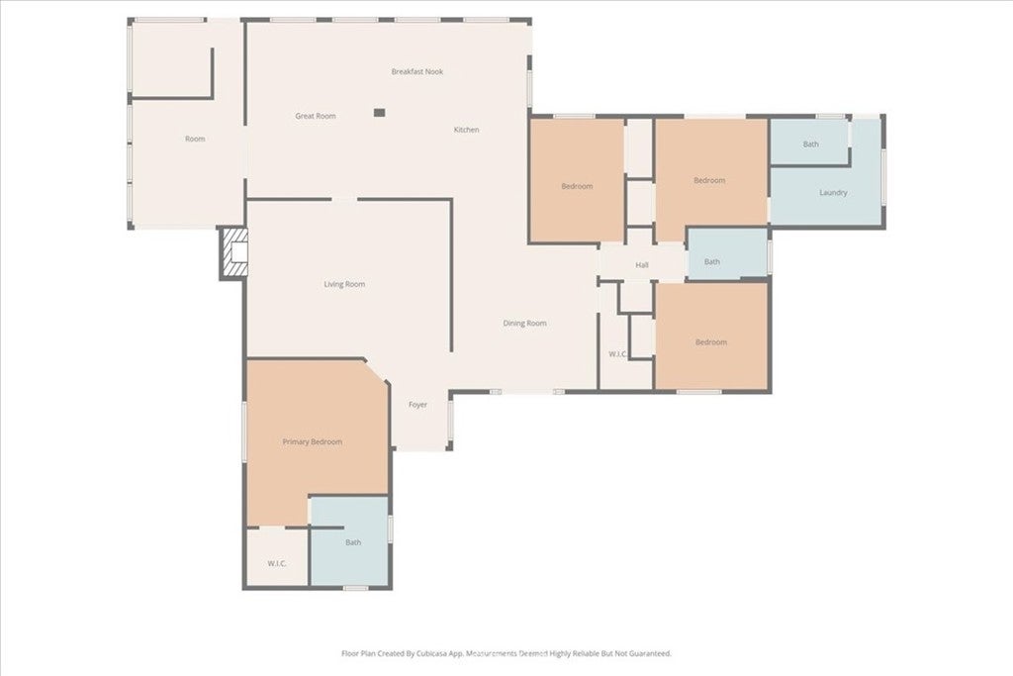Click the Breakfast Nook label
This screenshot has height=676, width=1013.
coord(416,71)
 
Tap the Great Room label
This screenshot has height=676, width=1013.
coord(316,116)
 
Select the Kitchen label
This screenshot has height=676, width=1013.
coord(467,130)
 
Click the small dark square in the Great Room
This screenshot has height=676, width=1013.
coord(379,113)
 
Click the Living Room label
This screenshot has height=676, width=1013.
coord(344,284)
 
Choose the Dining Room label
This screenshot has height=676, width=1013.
coord(524,323)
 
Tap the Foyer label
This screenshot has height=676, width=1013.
coord(418,404)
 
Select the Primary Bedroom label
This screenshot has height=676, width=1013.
coord(313,441)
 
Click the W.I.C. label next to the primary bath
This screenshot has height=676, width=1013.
coord(277,563)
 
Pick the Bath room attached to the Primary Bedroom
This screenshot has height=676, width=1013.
coord(353,542)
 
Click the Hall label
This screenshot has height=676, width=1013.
coord(642,264)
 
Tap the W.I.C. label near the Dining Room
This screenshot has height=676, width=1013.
coord(616,353)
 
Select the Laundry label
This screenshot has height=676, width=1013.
coord(833,192)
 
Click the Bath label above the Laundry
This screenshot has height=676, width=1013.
coord(810,145)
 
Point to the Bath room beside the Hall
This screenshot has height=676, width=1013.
coord(712,261)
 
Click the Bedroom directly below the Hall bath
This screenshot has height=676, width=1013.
coord(710,341)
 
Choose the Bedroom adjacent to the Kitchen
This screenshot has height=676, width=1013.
coord(577,186)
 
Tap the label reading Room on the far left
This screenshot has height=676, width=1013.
coord(195,139)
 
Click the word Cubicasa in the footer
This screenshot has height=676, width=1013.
coord(423,653)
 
